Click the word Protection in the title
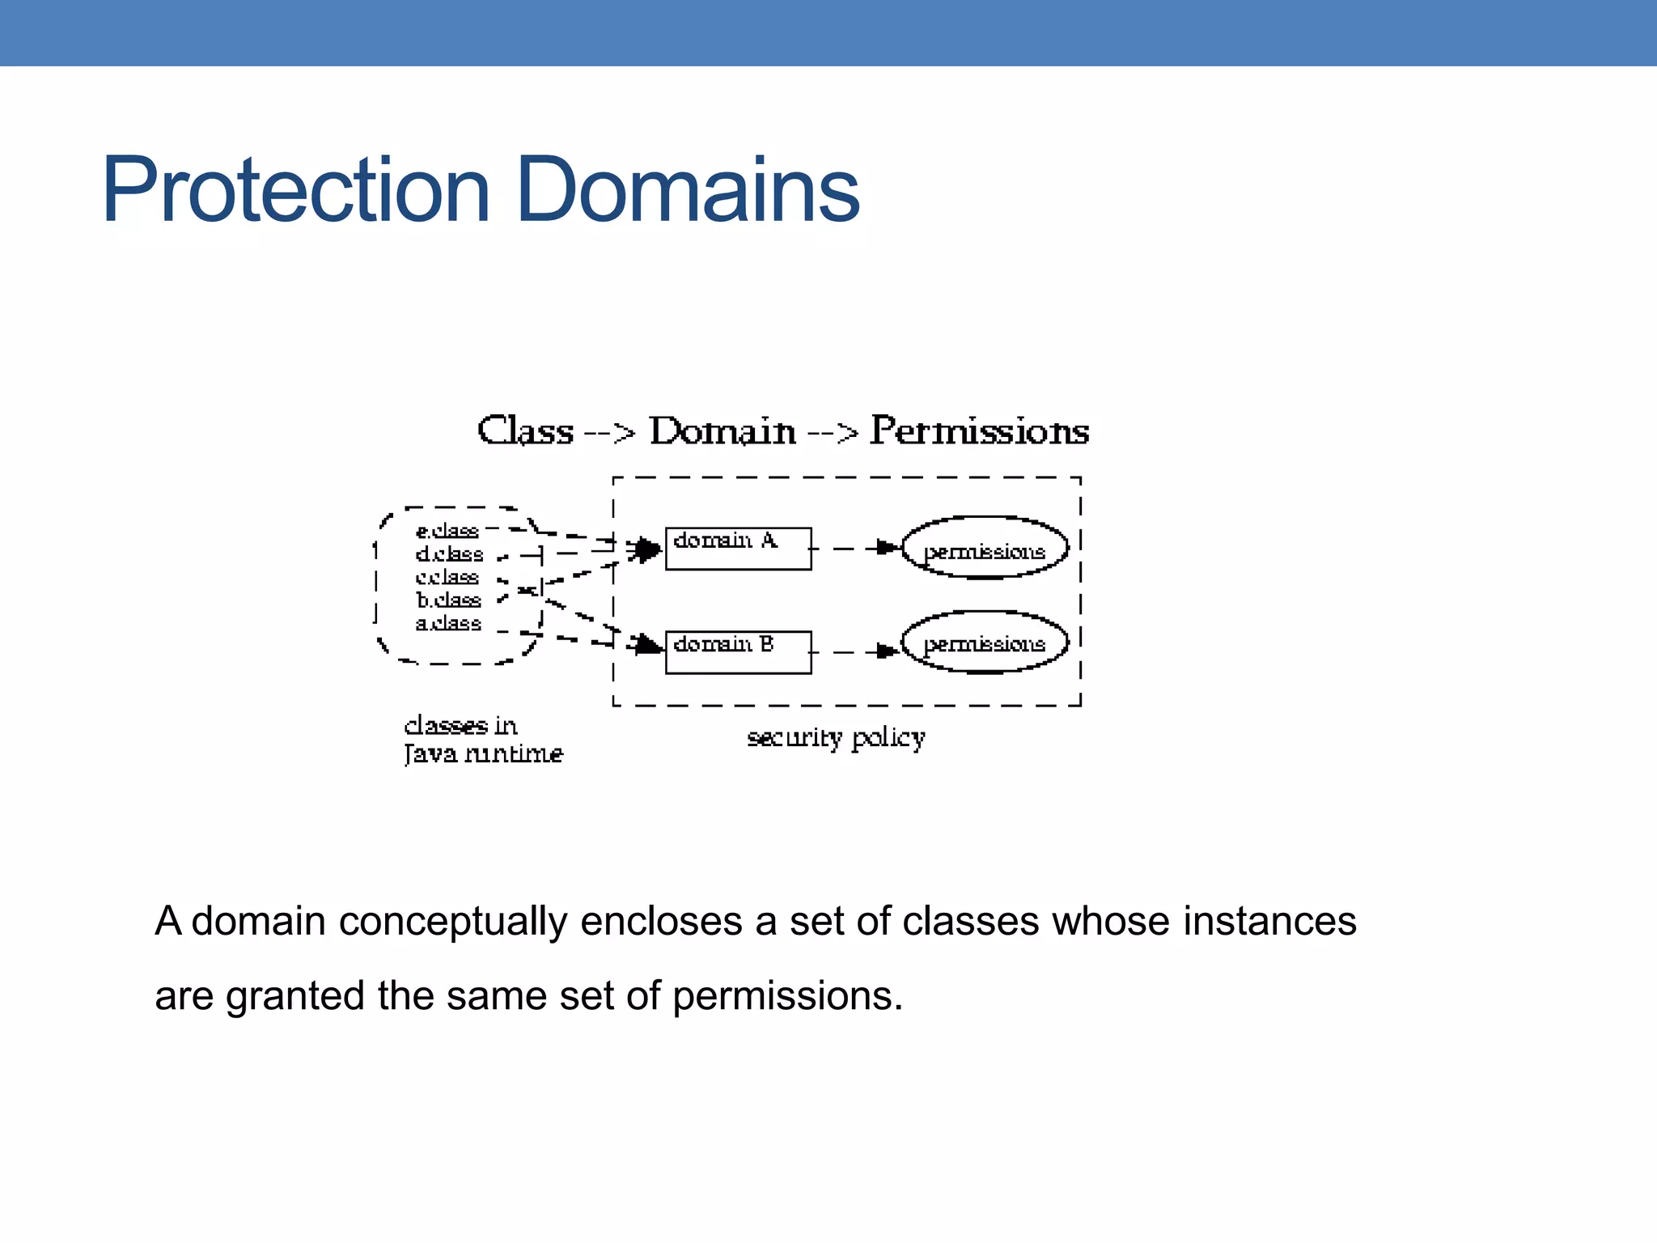[296, 190]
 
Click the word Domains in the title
[687, 190]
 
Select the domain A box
[737, 548]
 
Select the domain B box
[737, 651]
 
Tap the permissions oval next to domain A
[984, 549]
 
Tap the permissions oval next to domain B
[984, 643]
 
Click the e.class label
[447, 531]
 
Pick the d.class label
[449, 554]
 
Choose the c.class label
[447, 577]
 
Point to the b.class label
[448, 600]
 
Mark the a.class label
[447, 623]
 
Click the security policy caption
[835, 738]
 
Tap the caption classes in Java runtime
[482, 740]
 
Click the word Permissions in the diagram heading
[979, 431]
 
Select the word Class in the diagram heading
[525, 431]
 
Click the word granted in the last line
[295, 995]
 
